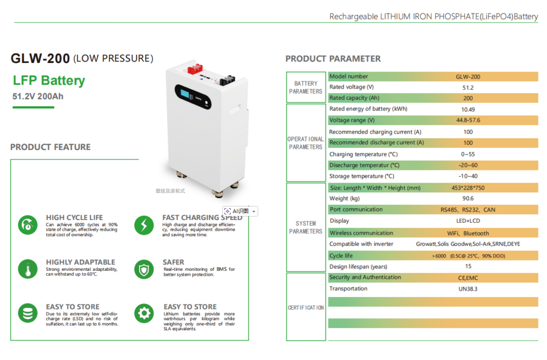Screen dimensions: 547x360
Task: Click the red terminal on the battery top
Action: click(x=196, y=68)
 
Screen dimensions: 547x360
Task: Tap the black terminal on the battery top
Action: click(x=227, y=80)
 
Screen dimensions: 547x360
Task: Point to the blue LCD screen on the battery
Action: click(x=184, y=93)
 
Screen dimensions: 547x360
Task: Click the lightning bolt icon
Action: click(x=144, y=225)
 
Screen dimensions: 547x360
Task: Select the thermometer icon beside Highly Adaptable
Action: click(x=28, y=269)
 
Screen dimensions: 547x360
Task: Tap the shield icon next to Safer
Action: click(x=144, y=269)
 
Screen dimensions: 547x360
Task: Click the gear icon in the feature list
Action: click(x=144, y=313)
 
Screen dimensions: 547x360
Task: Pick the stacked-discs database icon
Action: click(x=28, y=313)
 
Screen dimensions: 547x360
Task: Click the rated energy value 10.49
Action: click(x=468, y=109)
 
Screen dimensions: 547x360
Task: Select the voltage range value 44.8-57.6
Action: click(x=468, y=120)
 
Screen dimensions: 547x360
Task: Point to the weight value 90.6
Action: click(x=468, y=199)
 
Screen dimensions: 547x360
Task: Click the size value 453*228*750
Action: click(x=468, y=188)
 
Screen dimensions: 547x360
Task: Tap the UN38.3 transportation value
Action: click(x=468, y=289)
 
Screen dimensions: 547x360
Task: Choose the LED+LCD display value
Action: click(x=468, y=221)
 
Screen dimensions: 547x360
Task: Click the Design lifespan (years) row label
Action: click(x=358, y=267)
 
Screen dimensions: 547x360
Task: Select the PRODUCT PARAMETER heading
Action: click(x=333, y=59)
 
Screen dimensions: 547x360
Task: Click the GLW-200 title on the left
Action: click(x=40, y=58)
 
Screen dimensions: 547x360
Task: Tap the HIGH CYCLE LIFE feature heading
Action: click(x=74, y=217)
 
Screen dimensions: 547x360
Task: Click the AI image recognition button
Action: click(x=240, y=211)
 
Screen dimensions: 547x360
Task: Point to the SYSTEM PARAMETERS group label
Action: click(x=306, y=228)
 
